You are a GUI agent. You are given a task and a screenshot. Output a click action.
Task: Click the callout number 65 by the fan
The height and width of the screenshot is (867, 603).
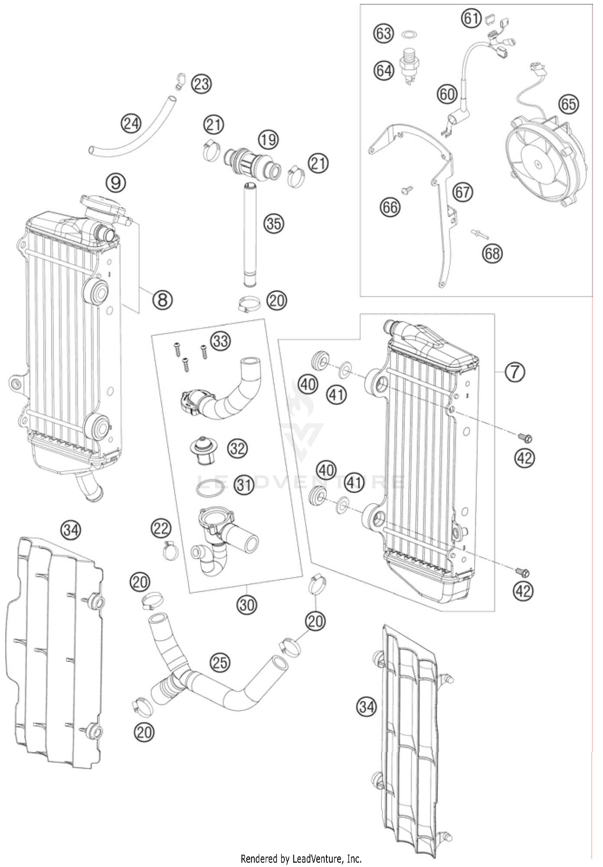pyautogui.click(x=568, y=104)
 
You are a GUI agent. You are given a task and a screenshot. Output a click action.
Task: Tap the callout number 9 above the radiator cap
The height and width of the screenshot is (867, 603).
pyautogui.click(x=116, y=183)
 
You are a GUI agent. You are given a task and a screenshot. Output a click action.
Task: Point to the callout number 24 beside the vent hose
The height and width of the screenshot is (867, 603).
pyautogui.click(x=131, y=123)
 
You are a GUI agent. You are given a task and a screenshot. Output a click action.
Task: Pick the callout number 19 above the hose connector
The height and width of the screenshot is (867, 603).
pyautogui.click(x=268, y=140)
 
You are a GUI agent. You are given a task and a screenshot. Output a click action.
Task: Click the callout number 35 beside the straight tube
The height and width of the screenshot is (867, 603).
pyautogui.click(x=274, y=223)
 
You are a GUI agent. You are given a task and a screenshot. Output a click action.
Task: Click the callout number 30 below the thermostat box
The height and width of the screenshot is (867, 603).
pyautogui.click(x=246, y=604)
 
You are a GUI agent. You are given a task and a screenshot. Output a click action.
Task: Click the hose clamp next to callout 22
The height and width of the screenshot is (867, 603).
pyautogui.click(x=170, y=550)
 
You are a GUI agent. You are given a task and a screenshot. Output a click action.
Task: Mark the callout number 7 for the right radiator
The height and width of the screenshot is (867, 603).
pyautogui.click(x=515, y=372)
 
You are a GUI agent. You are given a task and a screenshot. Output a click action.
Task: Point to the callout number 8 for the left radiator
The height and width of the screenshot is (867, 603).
pyautogui.click(x=163, y=299)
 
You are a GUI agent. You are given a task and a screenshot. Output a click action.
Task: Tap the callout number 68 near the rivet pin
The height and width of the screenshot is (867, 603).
pyautogui.click(x=492, y=253)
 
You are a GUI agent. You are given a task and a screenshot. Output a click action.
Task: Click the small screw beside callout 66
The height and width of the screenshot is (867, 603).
pyautogui.click(x=408, y=190)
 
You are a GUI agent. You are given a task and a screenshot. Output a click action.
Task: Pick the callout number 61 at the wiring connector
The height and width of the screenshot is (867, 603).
pyautogui.click(x=471, y=18)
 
